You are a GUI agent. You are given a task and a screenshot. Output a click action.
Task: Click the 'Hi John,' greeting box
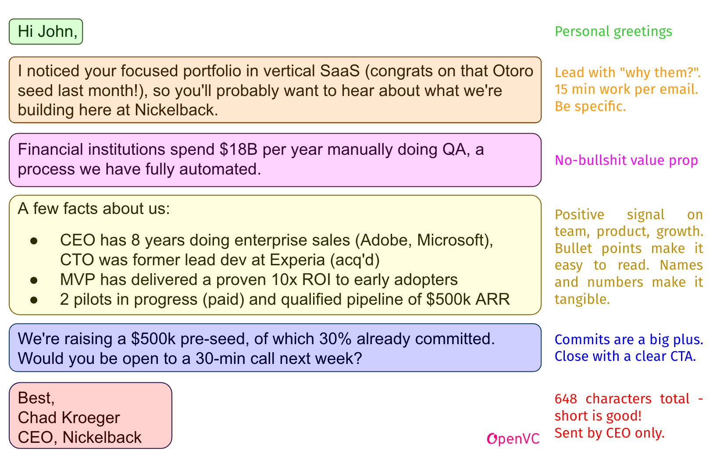coord(46,32)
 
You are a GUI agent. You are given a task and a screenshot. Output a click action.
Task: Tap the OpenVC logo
coord(513,438)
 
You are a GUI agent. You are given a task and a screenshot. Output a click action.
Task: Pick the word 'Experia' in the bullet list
coord(298,260)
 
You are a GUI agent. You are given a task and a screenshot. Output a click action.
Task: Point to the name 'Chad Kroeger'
coord(69,418)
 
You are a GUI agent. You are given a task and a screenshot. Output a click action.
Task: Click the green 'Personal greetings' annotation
coord(613,32)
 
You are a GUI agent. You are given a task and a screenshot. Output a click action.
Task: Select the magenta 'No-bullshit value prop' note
coord(626,160)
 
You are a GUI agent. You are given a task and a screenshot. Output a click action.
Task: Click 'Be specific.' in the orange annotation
coord(590,106)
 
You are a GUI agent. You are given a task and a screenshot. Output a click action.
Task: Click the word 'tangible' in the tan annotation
coord(581,299)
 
